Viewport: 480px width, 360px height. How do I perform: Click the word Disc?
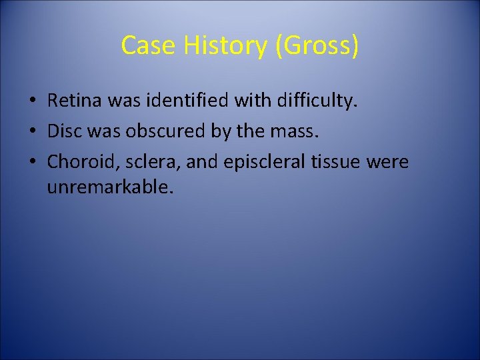click(64, 132)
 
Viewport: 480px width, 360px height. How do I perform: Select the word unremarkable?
click(109, 187)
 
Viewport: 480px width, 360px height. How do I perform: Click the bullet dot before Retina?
click(31, 102)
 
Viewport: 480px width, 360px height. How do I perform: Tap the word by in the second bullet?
click(221, 132)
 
